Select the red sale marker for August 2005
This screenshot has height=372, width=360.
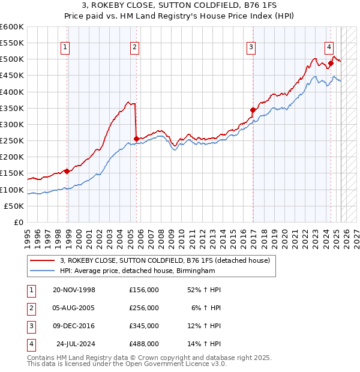(136, 139)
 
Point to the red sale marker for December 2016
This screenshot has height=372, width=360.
(253, 110)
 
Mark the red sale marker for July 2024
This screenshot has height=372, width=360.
(331, 63)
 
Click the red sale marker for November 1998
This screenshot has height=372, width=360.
(67, 172)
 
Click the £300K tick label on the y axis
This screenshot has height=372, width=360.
(12, 124)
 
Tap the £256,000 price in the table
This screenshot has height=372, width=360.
(144, 308)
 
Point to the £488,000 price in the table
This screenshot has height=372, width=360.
(144, 344)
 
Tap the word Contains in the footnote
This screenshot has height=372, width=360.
(43, 358)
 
